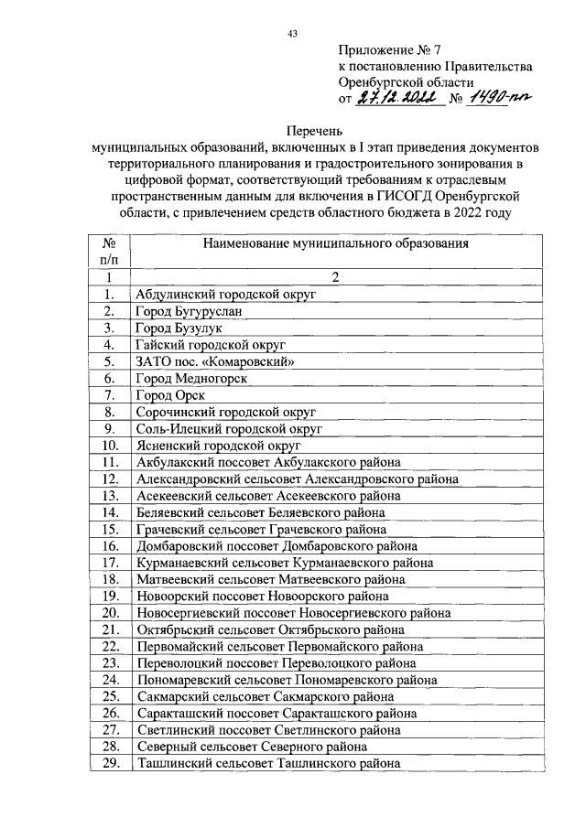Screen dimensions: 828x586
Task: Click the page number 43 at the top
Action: pos(292,34)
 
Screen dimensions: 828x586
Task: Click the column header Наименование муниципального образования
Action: pos(336,244)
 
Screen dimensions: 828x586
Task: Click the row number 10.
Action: pos(109,445)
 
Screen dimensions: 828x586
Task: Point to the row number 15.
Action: pos(109,529)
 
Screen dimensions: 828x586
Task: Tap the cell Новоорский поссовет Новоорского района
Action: pos(259,596)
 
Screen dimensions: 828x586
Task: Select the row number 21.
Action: pos(109,629)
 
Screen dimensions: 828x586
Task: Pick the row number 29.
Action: pos(109,765)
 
